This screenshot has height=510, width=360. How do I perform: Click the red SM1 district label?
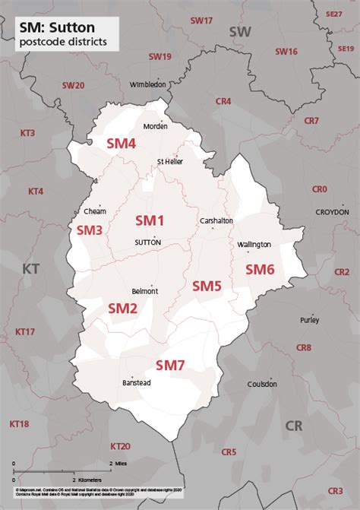[x=150, y=220]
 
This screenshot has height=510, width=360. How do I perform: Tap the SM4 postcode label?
[x=121, y=143]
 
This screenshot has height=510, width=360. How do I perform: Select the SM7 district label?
[x=170, y=366]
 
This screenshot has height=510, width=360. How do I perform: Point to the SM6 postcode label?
[x=259, y=269]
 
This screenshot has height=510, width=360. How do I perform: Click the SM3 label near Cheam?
[x=90, y=229]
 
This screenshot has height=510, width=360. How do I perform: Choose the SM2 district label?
[x=122, y=308]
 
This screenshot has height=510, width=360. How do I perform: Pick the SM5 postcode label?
[x=207, y=286]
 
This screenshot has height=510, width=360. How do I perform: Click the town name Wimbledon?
[x=147, y=84]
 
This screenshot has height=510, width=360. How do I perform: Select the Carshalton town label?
[x=216, y=220]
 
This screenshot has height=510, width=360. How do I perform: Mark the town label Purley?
[x=310, y=320]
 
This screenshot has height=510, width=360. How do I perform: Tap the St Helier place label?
[x=169, y=161]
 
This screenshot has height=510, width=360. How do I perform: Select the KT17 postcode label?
[x=25, y=331]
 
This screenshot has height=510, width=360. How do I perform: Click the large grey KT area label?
[x=31, y=268]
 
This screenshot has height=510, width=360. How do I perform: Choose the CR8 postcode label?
[x=304, y=347]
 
